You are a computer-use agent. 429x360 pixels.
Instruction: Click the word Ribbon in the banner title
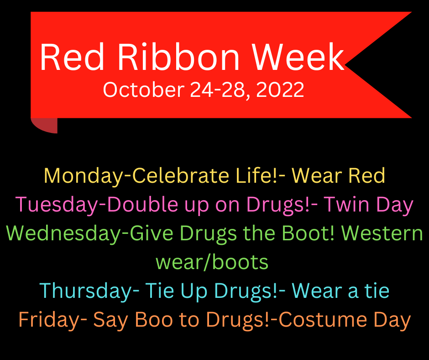tap(178, 57)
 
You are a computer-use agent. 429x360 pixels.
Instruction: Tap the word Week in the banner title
tap(298, 57)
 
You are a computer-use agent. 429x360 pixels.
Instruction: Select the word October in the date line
tap(144, 90)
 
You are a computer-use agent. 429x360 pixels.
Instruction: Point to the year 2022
tap(280, 90)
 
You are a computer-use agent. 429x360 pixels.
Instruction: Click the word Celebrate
tap(181, 175)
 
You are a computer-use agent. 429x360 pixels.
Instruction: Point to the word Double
tap(143, 204)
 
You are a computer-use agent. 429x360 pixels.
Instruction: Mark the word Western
tap(382, 233)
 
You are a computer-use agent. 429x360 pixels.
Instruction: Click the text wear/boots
tap(212, 262)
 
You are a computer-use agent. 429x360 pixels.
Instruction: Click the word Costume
tap(323, 319)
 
